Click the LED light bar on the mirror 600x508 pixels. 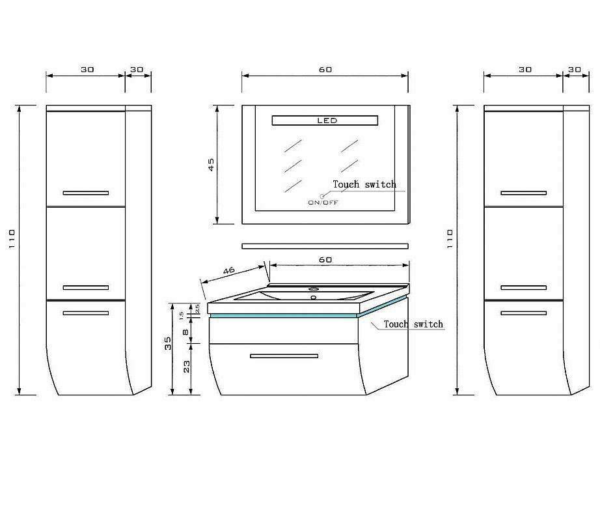(x=325, y=120)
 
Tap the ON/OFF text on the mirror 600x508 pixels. (x=323, y=203)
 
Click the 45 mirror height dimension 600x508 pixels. (x=211, y=165)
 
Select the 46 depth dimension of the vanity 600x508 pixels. (x=229, y=271)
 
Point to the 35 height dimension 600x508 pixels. (x=168, y=343)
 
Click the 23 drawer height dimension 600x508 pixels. (x=186, y=367)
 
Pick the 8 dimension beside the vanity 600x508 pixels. (x=185, y=332)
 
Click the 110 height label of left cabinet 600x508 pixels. (x=12, y=239)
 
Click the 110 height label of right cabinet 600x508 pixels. (x=450, y=239)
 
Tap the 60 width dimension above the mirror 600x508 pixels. (x=325, y=70)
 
